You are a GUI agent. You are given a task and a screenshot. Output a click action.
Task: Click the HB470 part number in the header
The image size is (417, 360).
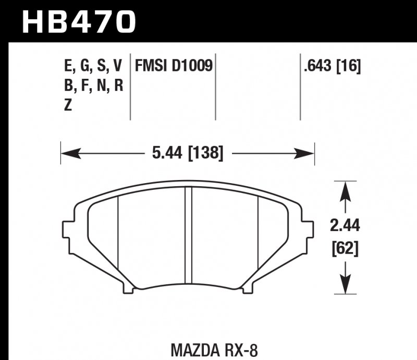click(x=78, y=21)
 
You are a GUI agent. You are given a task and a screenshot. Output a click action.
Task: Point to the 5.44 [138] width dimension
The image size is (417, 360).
click(x=188, y=153)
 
